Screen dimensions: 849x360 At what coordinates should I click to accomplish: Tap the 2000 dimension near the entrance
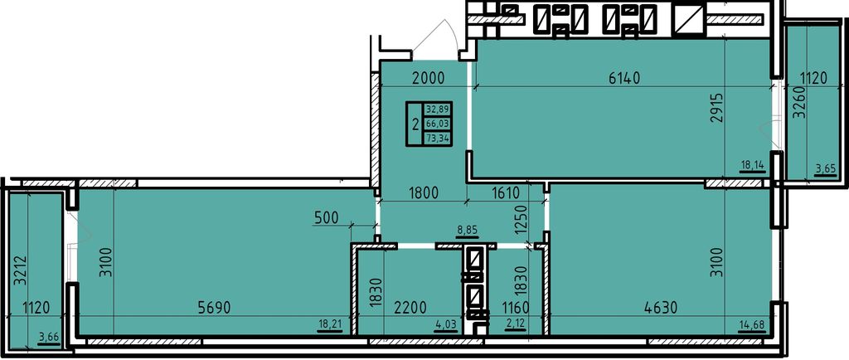428,79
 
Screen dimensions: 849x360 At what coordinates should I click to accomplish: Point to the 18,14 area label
753,167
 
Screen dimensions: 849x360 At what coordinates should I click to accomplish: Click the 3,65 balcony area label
825,169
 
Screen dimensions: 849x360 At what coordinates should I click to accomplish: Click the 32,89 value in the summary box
438,109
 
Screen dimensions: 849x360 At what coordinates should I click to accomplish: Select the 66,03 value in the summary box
438,124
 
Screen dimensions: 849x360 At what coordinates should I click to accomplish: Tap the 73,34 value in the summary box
438,138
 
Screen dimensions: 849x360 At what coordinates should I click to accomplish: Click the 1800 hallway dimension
423,193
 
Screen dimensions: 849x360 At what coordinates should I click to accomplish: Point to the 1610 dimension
506,193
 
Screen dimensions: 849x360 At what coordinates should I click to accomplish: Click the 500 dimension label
327,218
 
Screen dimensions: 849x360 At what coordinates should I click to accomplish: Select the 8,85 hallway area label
467,230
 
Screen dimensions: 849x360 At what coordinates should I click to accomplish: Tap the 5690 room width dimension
215,308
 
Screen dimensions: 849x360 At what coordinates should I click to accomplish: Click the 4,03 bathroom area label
445,324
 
